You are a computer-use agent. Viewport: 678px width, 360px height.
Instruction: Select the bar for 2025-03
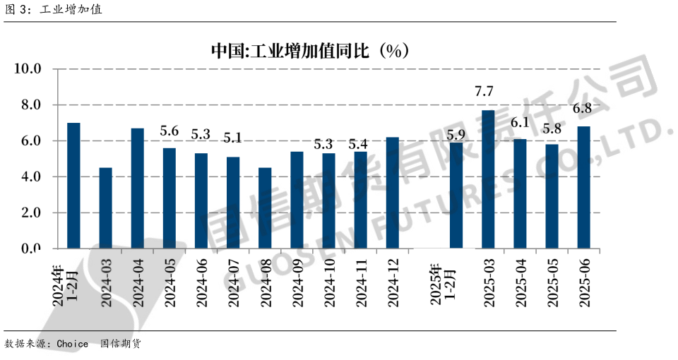tap(488, 179)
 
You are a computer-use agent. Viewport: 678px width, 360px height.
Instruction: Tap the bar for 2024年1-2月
tap(73, 186)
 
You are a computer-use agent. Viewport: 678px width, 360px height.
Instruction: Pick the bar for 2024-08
tap(265, 208)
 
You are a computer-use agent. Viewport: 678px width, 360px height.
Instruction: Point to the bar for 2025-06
tap(583, 187)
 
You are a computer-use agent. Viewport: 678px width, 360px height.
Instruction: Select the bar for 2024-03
tap(105, 208)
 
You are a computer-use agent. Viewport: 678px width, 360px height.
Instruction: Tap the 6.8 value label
tap(581, 109)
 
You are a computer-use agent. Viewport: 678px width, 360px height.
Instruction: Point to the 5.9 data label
tap(456, 135)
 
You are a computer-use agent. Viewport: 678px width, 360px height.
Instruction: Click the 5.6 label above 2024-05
tap(169, 131)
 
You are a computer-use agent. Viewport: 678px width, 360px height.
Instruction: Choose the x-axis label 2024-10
tap(329, 282)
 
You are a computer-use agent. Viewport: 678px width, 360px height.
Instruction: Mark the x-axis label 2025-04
tap(521, 282)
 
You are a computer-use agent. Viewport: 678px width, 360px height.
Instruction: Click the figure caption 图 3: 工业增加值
tap(54, 10)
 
